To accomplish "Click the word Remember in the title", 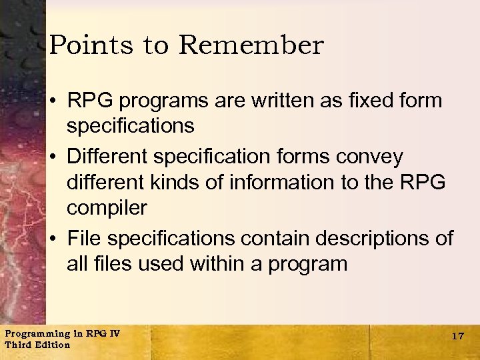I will (x=251, y=45).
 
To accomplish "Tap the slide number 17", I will (x=457, y=336).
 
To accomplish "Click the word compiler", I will (x=107, y=208).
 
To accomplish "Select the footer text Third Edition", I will (x=37, y=345).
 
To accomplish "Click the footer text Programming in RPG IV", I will (x=61, y=333).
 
